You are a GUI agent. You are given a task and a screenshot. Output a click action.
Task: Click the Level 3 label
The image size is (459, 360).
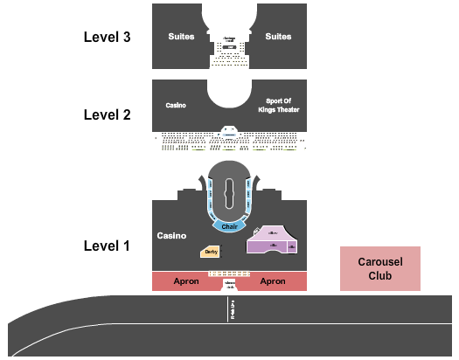coord(107,37)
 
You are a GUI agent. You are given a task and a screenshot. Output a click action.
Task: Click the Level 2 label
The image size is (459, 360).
coord(107,114)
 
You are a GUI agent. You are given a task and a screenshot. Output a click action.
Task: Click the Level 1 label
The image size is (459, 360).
coord(107,246)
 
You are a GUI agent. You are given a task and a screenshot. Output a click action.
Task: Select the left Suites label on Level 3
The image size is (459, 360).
coord(181,37)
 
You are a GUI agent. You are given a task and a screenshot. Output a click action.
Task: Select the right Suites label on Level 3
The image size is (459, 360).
coord(278,37)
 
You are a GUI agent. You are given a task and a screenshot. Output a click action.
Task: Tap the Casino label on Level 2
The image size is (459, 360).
coord(176,105)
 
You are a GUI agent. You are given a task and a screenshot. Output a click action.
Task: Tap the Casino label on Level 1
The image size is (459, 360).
coord(171,236)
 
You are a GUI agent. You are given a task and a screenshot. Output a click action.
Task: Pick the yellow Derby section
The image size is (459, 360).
coord(210,253)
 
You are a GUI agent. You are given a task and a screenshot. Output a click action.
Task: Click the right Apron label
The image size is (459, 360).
coord(273,281)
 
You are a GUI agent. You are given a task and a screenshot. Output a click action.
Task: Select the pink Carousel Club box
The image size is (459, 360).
coord(380,268)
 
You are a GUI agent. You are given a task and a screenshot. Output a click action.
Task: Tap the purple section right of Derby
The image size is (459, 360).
coord(274,242)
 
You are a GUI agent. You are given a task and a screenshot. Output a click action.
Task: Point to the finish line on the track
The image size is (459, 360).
coord(230,311)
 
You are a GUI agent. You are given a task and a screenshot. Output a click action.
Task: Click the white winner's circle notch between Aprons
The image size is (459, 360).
coord(230,285)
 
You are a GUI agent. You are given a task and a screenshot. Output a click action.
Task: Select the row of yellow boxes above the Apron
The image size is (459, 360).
coord(229,273)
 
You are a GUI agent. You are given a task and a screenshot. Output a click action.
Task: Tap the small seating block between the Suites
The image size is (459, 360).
coord(229,52)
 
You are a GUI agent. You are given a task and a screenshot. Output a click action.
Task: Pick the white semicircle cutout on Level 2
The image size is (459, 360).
coord(230,94)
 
